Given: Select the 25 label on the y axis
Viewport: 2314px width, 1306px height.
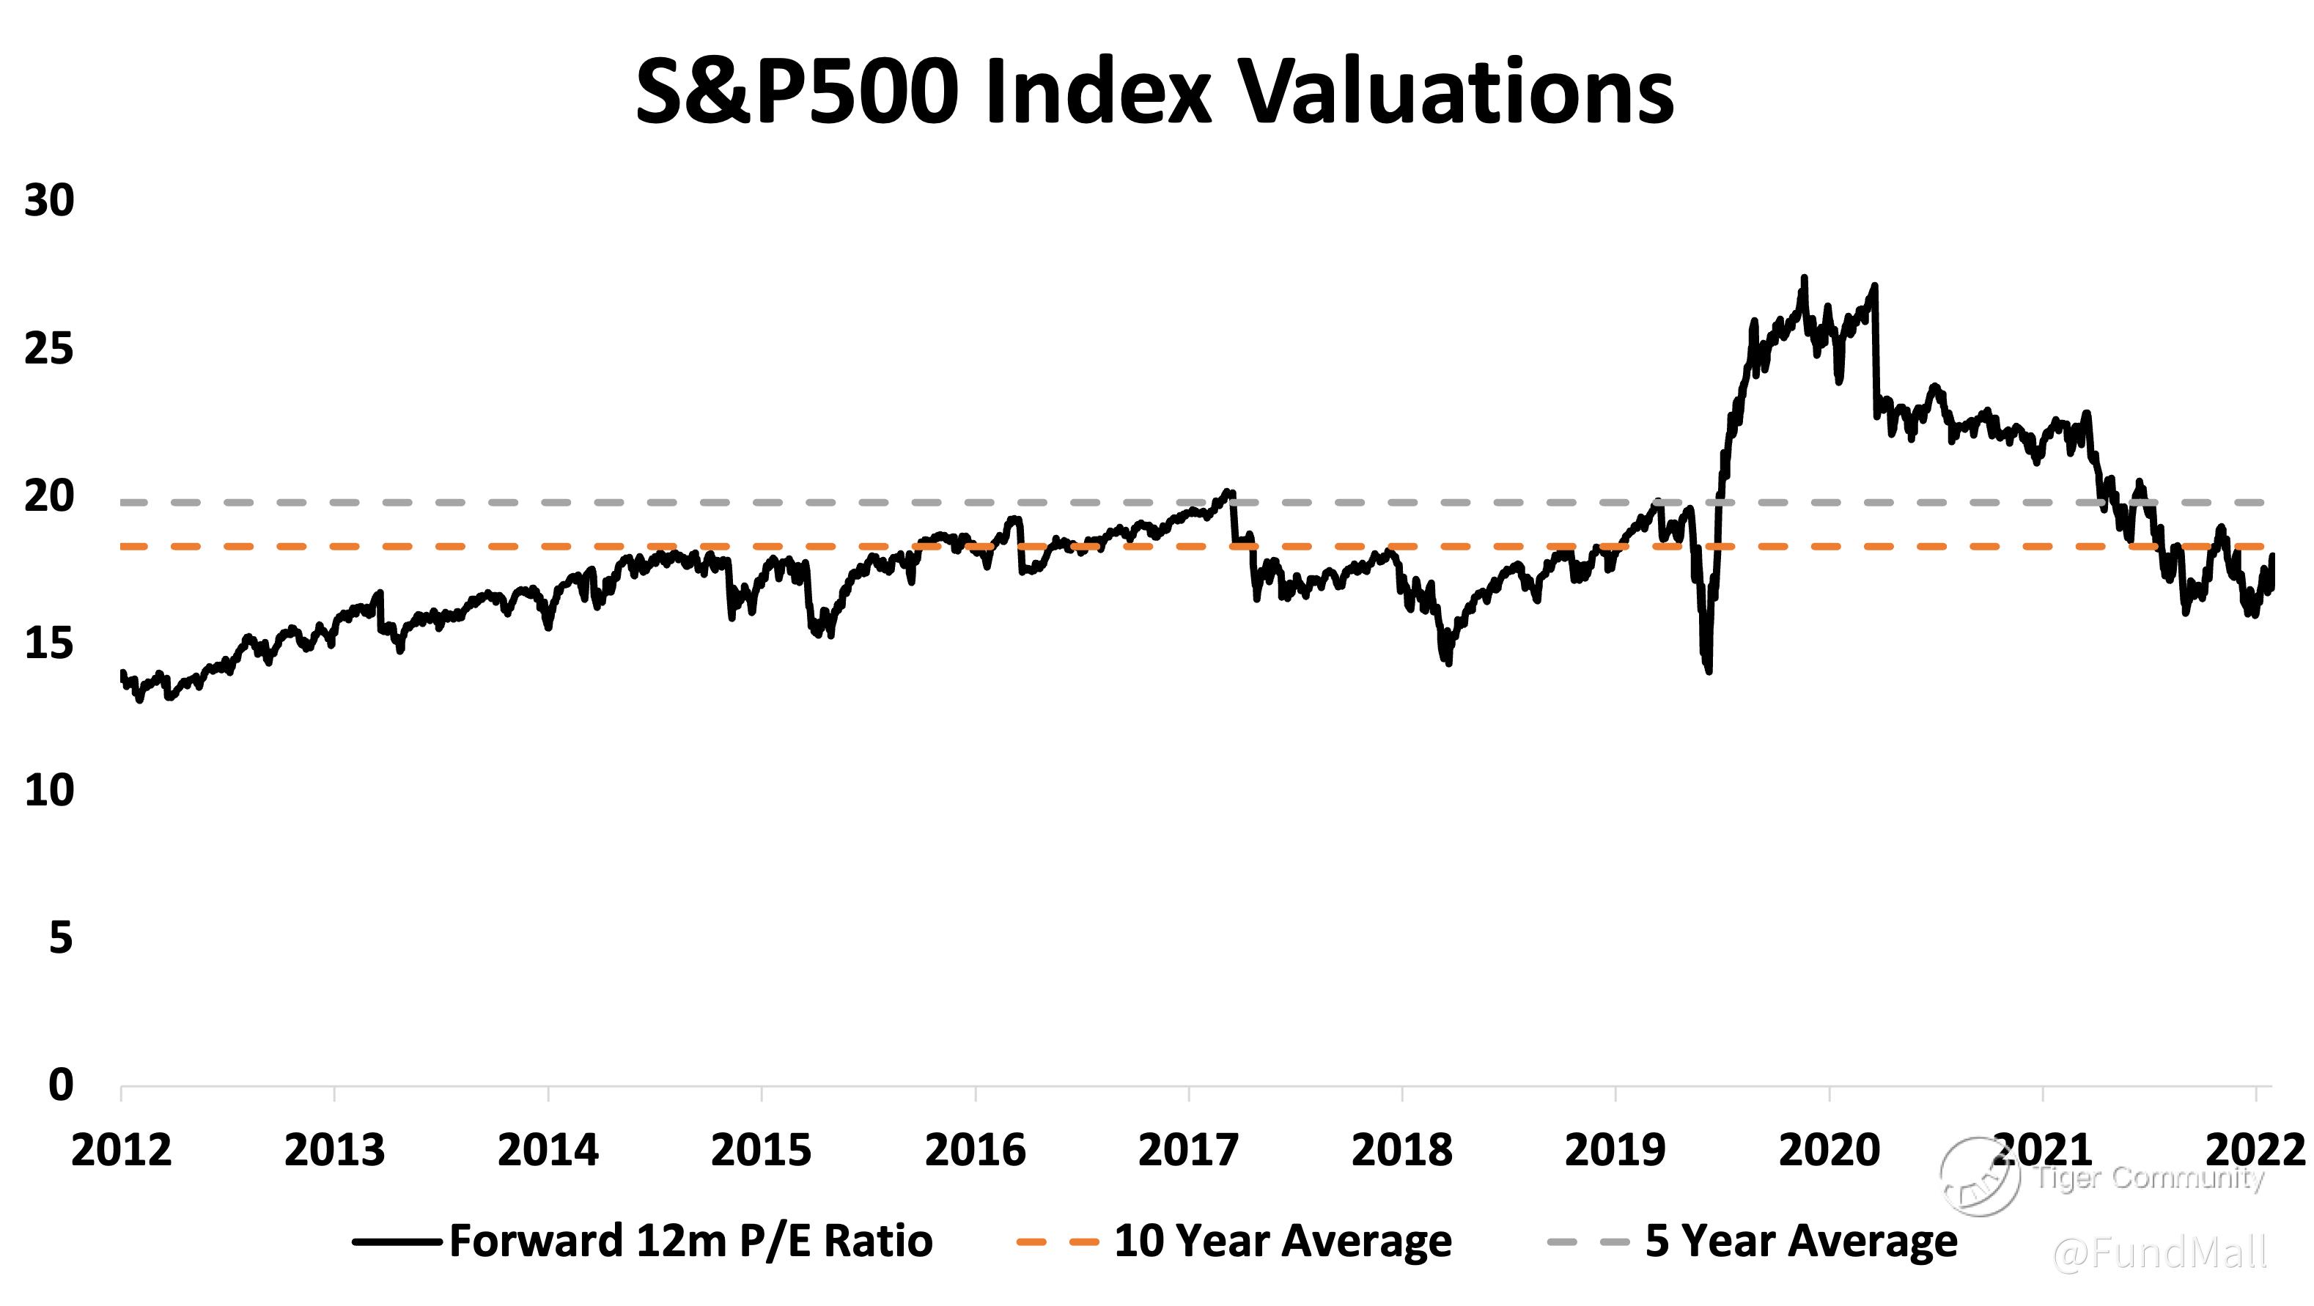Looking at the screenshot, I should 49,349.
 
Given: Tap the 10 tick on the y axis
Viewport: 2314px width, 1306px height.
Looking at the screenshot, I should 49,791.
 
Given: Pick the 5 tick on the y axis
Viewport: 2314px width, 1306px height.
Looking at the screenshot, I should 60,938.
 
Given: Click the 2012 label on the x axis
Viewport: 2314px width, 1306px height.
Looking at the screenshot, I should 121,1151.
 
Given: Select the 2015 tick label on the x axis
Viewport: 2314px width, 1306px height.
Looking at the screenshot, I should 761,1151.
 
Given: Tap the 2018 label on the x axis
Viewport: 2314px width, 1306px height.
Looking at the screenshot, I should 1401,1151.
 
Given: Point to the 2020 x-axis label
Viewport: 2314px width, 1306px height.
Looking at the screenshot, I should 1829,1151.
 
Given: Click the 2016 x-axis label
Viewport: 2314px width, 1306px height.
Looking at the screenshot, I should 975,1151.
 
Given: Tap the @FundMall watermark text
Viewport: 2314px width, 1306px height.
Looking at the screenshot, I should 2159,1252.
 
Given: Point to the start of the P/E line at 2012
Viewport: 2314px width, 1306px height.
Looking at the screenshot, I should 122,673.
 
